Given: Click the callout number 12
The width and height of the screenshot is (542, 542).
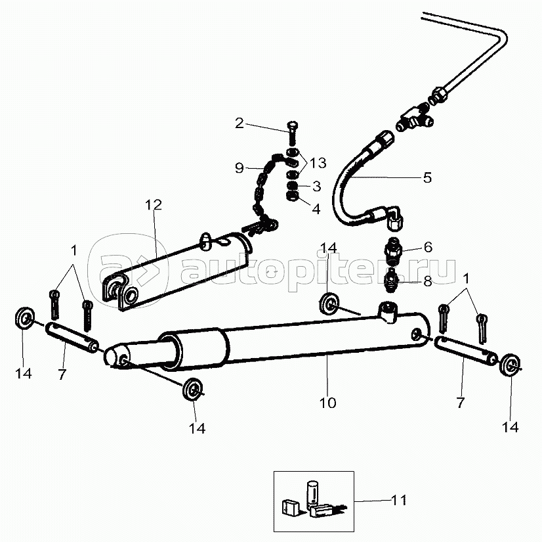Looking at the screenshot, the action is pyautogui.click(x=154, y=205).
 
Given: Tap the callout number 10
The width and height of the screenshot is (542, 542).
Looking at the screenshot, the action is pyautogui.click(x=327, y=403).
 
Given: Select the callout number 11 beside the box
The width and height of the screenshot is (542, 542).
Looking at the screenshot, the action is pyautogui.click(x=399, y=500).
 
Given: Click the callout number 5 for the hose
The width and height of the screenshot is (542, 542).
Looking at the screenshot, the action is pyautogui.click(x=428, y=177).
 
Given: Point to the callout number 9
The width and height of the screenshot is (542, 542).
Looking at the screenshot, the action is pyautogui.click(x=240, y=168).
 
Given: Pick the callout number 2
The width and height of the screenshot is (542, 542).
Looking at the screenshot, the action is pyautogui.click(x=240, y=124).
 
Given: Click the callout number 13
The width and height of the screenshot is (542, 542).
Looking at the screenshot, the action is pyautogui.click(x=318, y=163).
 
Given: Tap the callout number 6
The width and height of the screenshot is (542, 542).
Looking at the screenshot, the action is pyautogui.click(x=428, y=247).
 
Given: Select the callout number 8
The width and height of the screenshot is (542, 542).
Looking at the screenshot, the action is pyautogui.click(x=428, y=281).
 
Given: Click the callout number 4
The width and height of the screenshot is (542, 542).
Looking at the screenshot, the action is pyautogui.click(x=316, y=209).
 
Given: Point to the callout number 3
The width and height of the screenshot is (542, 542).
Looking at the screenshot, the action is pyautogui.click(x=317, y=186).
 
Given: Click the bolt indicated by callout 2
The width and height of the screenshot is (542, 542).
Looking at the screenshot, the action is pyautogui.click(x=293, y=132).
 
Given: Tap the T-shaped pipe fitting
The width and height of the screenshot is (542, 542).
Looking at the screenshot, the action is pyautogui.click(x=414, y=120).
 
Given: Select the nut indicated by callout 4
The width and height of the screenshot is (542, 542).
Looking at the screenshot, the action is pyautogui.click(x=293, y=197).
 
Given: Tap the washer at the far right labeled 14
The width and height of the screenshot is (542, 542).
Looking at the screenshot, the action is pyautogui.click(x=511, y=365).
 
